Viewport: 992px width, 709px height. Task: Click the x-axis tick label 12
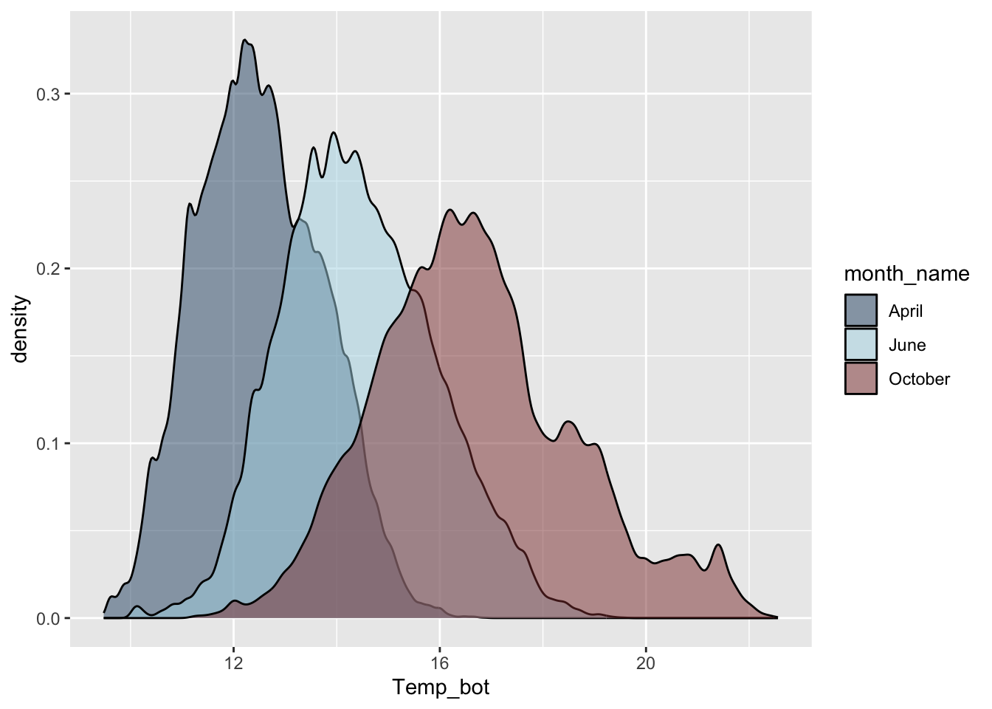click(233, 663)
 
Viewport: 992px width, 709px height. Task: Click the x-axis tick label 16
click(440, 663)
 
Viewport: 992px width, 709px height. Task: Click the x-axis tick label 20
click(646, 663)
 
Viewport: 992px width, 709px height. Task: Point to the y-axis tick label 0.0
click(49, 618)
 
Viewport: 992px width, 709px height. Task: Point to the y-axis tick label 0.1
click(49, 443)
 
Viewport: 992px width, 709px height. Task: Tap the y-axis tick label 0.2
click(49, 269)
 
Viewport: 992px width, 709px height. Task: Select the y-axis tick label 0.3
click(49, 94)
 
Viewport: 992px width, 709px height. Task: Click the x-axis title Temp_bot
click(441, 688)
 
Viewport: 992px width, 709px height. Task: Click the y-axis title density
click(20, 329)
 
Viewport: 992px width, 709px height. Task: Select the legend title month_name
click(906, 274)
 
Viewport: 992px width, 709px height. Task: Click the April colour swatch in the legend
click(861, 311)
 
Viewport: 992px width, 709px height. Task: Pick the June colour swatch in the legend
click(861, 345)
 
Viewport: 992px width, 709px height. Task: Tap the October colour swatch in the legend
click(861, 379)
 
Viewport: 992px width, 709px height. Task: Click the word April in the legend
click(906, 311)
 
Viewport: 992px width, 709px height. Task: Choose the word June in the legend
click(907, 345)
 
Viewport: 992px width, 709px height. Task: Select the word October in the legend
click(919, 379)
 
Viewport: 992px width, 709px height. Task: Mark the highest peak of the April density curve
click(245, 40)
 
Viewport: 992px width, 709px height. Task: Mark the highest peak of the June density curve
click(334, 132)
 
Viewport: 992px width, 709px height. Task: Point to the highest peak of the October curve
click(451, 210)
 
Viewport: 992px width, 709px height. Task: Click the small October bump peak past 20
click(718, 545)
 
